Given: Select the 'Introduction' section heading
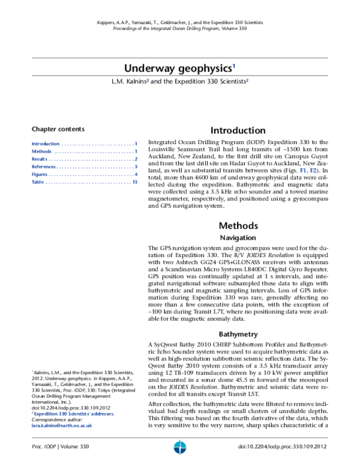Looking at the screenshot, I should pos(238,130).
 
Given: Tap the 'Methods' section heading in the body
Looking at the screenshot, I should pos(238,226).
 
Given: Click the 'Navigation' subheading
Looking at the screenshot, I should pos(238,238).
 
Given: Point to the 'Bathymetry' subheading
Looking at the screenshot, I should pos(238,333).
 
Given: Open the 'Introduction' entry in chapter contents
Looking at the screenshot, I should pos(46,144).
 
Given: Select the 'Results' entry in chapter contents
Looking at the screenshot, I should pos(40,159).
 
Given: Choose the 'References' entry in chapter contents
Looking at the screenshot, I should pos(44,166).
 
